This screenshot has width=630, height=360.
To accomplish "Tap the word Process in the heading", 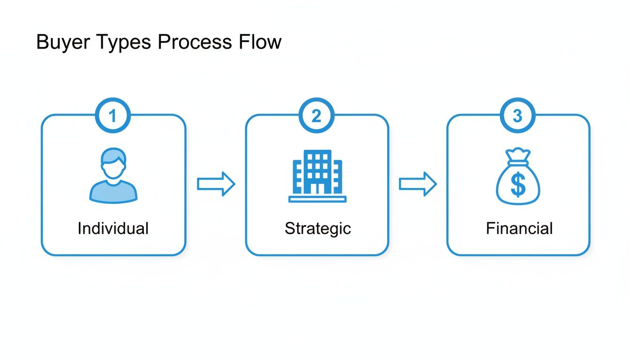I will pyautogui.click(x=195, y=42).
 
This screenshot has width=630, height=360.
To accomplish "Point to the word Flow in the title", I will pyautogui.click(x=260, y=42).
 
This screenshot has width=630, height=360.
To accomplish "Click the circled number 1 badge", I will pyautogui.click(x=112, y=116).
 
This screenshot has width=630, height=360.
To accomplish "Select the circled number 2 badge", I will pyautogui.click(x=316, y=116).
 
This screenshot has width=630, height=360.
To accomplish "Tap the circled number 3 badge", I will pyautogui.click(x=517, y=116).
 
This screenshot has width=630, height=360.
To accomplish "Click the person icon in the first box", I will pyautogui.click(x=113, y=176).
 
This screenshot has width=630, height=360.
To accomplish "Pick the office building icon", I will pyautogui.click(x=317, y=176).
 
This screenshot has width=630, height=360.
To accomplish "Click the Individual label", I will pyautogui.click(x=113, y=229).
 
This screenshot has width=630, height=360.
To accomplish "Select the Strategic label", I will pyautogui.click(x=317, y=229).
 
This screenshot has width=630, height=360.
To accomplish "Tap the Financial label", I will pyautogui.click(x=519, y=229).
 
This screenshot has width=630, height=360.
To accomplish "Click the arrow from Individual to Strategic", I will pyautogui.click(x=216, y=184).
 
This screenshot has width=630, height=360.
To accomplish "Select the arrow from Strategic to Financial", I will pyautogui.click(x=418, y=184).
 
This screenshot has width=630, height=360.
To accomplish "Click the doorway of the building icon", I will pyautogui.click(x=317, y=188).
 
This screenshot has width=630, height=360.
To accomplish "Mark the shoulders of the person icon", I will pyautogui.click(x=113, y=192).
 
